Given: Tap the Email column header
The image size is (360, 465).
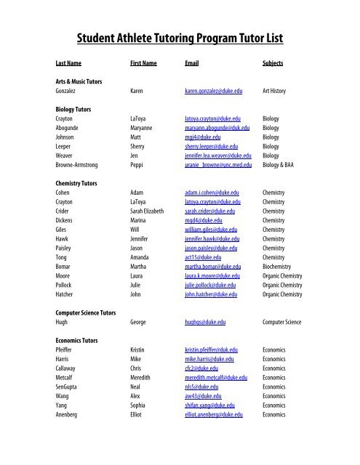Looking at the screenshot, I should click(x=193, y=64).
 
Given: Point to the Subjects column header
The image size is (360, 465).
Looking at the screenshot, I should click(x=273, y=64).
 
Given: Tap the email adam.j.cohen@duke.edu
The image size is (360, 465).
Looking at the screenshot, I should click(x=215, y=193).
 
